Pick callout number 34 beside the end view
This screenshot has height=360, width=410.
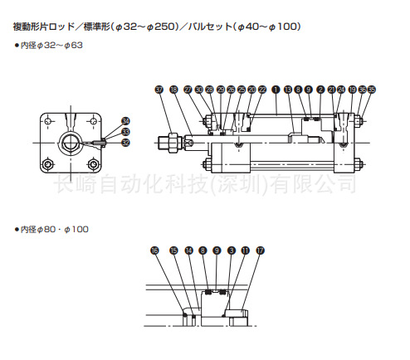(x=125, y=120)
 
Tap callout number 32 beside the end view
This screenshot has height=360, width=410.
(x=125, y=142)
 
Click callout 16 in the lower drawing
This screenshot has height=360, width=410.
(x=154, y=250)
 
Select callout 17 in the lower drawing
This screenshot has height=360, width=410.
(x=260, y=250)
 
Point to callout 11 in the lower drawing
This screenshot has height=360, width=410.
(x=245, y=250)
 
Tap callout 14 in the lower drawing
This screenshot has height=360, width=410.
(x=189, y=250)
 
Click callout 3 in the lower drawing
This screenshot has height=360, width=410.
(x=231, y=250)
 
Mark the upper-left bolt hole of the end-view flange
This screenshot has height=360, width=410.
(x=52, y=122)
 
